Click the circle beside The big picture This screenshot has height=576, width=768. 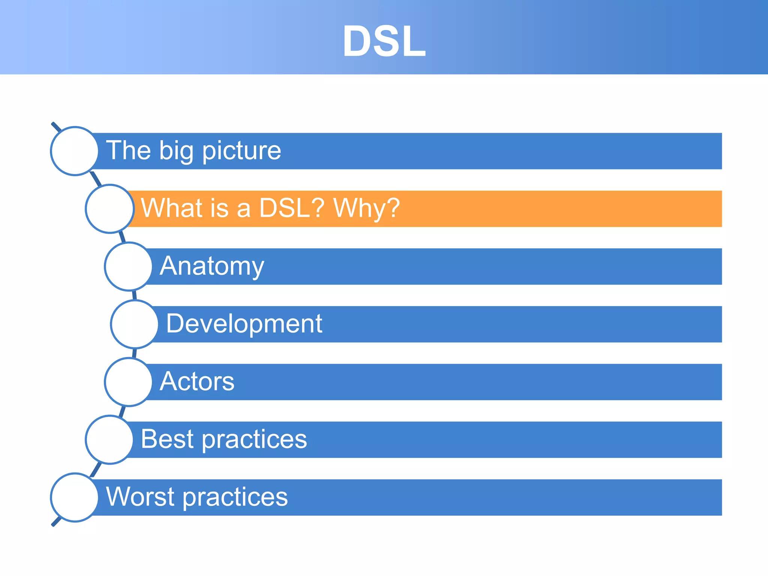(75, 151)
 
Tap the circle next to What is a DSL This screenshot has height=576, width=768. (109, 208)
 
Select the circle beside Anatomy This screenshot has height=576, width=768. (129, 266)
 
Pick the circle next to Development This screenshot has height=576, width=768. (135, 324)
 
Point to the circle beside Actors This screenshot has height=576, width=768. (129, 382)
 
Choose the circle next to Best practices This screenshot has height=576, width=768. (109, 439)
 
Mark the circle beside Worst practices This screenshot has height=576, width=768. (75, 497)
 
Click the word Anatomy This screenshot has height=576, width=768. (212, 266)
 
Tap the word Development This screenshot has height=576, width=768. (244, 324)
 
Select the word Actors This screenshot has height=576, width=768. (197, 381)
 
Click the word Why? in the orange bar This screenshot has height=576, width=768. (366, 208)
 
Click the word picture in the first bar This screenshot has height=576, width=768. (241, 151)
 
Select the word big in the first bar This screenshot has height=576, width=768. (176, 151)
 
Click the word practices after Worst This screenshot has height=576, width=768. (235, 498)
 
